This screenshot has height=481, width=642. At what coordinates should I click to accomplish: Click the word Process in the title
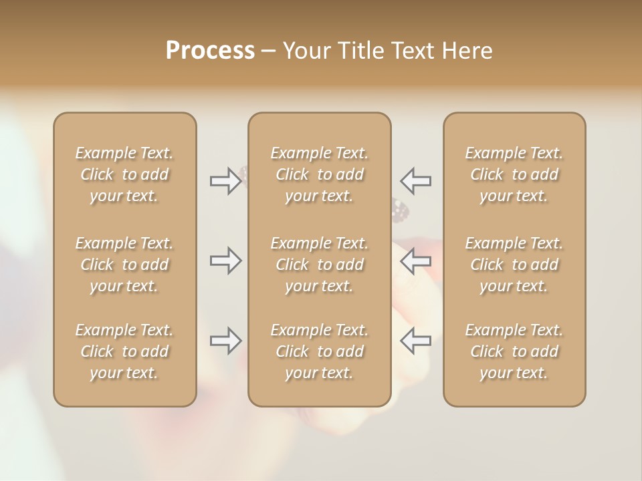[210, 51]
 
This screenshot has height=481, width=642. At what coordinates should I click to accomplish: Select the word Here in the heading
[467, 51]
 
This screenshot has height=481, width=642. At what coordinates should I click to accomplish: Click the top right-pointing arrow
[225, 181]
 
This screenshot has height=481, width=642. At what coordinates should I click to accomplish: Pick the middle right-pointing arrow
[225, 261]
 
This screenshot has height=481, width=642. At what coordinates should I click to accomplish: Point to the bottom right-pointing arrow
[225, 341]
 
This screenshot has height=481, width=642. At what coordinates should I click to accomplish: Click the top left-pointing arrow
[415, 181]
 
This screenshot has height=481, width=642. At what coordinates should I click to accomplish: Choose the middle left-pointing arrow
[415, 261]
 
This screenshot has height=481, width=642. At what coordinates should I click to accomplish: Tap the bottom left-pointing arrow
[415, 341]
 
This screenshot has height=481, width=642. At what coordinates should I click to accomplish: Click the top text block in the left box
[124, 174]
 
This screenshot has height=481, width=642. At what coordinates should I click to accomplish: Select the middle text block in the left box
[124, 265]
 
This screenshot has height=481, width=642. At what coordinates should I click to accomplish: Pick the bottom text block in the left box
[124, 351]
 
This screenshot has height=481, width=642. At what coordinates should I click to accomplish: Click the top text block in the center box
[320, 174]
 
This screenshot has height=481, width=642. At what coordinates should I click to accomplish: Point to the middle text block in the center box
[320, 265]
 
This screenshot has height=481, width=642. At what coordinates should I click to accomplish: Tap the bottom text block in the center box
[320, 351]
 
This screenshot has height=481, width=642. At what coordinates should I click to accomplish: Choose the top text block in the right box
[514, 174]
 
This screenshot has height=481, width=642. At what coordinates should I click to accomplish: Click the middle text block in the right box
[514, 265]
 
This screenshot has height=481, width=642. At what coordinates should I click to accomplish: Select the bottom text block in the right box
[514, 351]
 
